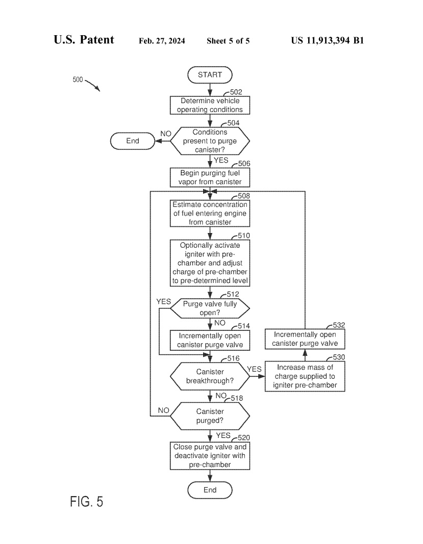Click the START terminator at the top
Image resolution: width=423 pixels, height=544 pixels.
[x=210, y=74]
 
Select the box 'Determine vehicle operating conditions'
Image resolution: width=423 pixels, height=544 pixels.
[x=210, y=106]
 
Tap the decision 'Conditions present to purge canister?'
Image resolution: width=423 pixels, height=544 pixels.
[x=210, y=141]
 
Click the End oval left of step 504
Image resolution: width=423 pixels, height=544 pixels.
[x=132, y=141]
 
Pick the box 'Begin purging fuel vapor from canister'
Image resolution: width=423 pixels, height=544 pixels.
[x=210, y=177]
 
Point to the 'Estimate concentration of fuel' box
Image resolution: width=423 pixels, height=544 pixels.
[x=210, y=214]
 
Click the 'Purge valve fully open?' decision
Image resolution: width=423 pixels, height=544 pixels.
[x=210, y=308]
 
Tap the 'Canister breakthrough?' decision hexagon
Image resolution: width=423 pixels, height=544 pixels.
[x=210, y=377]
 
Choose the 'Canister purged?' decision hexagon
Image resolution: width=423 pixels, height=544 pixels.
[x=210, y=416]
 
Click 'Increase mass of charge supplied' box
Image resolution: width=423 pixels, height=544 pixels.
[x=305, y=377]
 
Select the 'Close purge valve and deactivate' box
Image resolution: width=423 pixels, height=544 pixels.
[x=210, y=456]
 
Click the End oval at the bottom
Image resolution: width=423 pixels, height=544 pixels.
[x=210, y=490]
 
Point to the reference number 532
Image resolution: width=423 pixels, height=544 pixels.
[x=338, y=325]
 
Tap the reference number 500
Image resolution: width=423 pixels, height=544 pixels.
[x=78, y=80]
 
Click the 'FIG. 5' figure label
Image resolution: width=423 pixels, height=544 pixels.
[x=86, y=501]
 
